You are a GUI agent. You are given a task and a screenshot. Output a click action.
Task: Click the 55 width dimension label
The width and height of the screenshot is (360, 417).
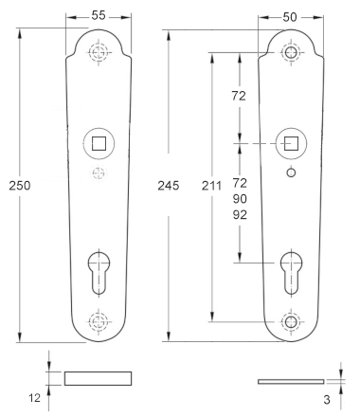point(99,15)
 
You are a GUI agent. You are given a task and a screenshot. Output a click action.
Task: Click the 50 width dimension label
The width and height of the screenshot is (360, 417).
point(290,17)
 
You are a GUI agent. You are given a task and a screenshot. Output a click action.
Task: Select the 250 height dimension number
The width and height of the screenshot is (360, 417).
point(20,186)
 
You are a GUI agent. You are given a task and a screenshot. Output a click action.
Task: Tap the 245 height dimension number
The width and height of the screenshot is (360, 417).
point(169,186)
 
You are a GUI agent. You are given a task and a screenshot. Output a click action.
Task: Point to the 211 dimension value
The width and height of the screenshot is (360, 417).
point(211,186)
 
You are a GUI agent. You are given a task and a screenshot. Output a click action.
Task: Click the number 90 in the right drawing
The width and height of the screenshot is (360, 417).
point(240,199)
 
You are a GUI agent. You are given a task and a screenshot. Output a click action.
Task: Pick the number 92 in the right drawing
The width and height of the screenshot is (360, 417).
point(240,215)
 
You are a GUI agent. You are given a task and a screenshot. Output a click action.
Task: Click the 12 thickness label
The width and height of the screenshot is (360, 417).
point(35,398)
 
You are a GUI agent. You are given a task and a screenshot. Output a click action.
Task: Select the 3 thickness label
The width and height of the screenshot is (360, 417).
point(327,400)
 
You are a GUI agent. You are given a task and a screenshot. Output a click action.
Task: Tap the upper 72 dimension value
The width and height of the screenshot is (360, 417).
point(239,96)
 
